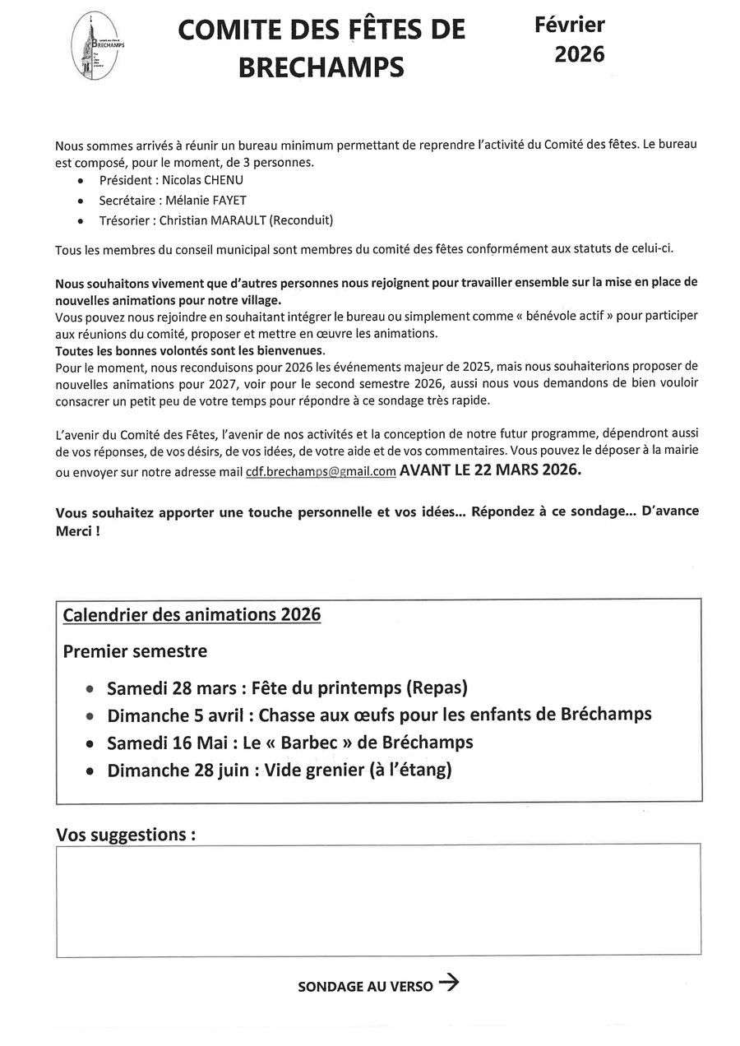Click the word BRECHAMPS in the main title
[321, 67]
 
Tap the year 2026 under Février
[579, 54]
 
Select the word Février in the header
[570, 25]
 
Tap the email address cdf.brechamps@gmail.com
[321, 471]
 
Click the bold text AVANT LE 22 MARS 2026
[490, 470]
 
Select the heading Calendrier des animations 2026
[192, 614]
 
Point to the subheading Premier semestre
[135, 651]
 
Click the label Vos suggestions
[126, 835]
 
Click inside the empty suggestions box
[378, 900]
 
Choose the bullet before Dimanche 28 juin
[90, 772]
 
